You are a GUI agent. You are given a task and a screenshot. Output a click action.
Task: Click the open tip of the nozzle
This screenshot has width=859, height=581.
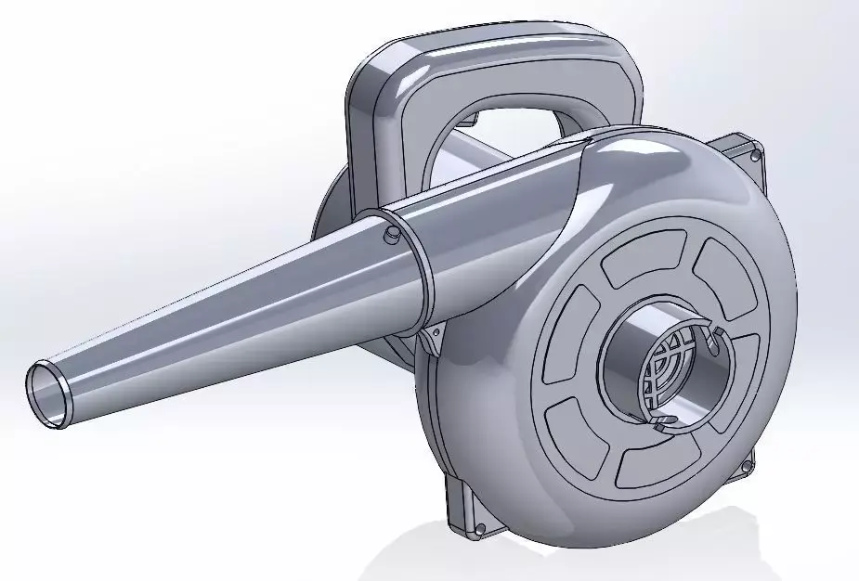[46, 394]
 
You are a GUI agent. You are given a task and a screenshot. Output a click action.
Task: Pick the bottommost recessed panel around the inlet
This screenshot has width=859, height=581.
[656, 460]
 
